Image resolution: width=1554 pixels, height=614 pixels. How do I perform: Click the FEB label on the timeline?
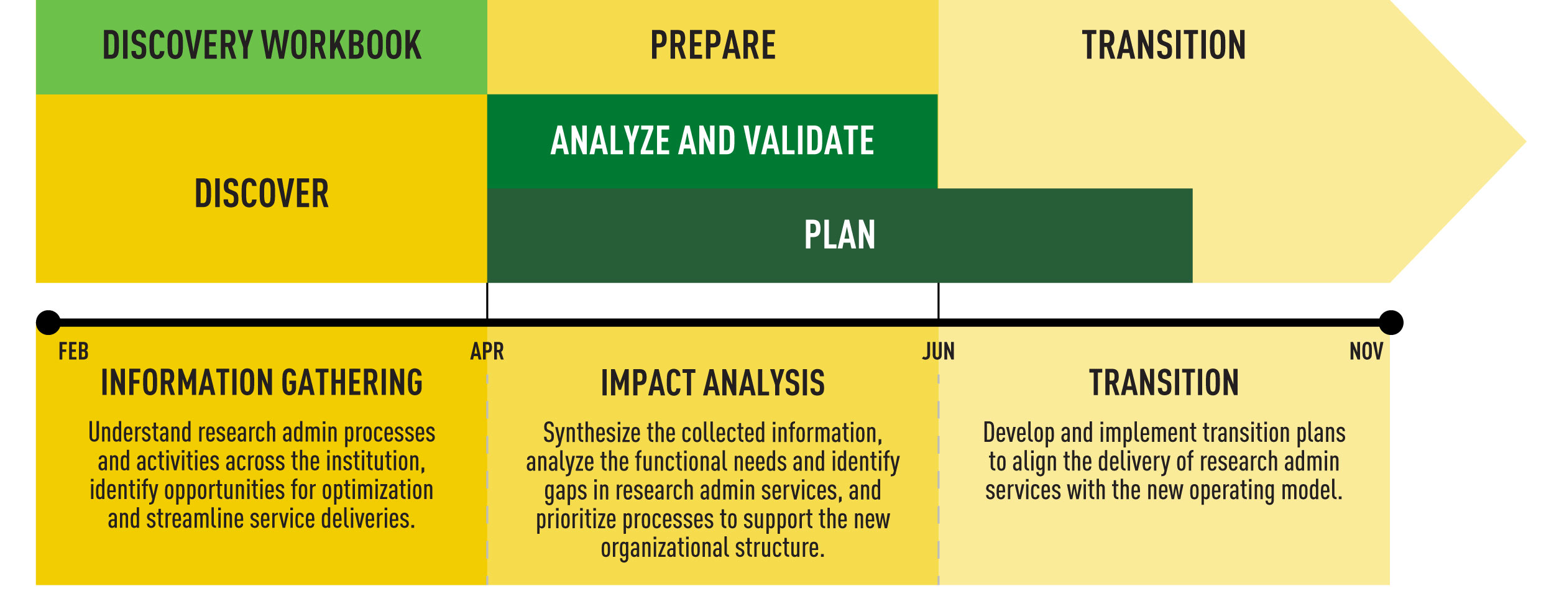point(73,352)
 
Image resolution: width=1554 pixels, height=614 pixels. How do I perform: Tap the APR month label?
point(487,352)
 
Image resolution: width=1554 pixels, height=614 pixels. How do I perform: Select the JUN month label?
point(938,352)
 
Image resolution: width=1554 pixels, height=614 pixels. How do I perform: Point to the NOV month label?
point(1366,352)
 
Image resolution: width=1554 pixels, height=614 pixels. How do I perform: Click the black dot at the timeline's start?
point(48,323)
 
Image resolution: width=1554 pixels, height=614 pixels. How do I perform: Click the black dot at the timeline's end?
point(1391,323)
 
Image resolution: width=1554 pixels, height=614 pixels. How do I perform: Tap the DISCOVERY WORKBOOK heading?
point(262,45)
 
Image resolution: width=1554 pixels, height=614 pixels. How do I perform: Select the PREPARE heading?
point(713,45)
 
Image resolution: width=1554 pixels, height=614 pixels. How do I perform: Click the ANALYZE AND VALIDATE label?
point(712,140)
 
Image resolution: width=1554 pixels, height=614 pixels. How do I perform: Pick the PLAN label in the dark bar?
point(840,235)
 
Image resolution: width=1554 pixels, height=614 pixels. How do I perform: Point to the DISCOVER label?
point(262,193)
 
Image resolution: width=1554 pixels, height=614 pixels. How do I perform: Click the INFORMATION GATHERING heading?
point(262,383)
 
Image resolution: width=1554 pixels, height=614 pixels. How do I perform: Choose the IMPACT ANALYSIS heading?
point(713,383)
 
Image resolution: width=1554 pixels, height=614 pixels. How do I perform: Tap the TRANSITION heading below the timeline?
point(1164,383)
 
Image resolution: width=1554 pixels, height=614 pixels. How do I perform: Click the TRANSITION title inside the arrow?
point(1164,45)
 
